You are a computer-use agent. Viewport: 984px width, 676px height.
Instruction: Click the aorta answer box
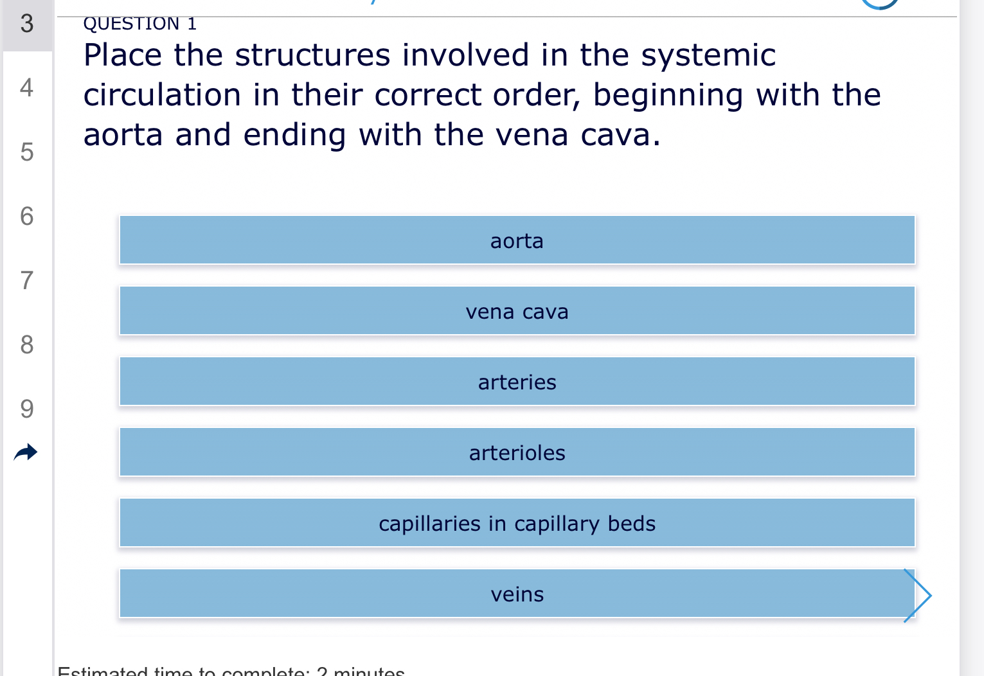[517, 240]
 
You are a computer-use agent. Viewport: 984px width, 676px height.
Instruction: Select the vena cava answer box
[517, 311]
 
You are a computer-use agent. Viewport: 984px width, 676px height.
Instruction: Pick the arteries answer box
[517, 382]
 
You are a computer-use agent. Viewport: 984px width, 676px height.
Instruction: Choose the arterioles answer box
[517, 452]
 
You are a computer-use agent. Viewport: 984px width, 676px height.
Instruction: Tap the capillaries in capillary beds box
[517, 523]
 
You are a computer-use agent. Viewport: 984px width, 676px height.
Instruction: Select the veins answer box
[517, 594]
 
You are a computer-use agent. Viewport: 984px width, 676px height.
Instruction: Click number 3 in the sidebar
[26, 24]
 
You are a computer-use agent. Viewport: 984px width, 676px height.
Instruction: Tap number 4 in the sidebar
[26, 87]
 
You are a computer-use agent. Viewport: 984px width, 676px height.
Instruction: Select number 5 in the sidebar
[26, 152]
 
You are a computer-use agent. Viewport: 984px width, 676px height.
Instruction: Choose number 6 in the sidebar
[26, 216]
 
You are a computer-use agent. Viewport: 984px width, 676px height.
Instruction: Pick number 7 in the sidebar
[26, 280]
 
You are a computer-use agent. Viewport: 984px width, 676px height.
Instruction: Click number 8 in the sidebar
[26, 344]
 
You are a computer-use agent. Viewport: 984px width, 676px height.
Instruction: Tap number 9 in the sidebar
[26, 409]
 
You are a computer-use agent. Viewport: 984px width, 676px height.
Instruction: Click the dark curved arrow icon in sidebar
[26, 452]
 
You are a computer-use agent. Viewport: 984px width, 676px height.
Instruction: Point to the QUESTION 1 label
[140, 24]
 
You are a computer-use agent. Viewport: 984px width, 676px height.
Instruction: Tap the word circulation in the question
[162, 95]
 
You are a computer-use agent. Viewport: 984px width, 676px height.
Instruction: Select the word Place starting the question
[123, 55]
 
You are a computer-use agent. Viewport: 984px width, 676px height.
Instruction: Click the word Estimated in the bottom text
[103, 672]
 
